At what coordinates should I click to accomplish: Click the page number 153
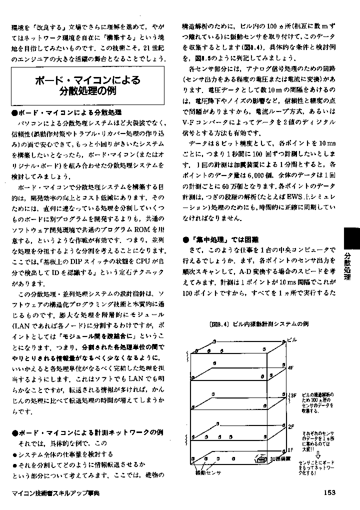(x=328, y=492)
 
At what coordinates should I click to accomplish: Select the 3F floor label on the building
(x=293, y=395)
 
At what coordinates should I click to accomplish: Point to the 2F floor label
(x=290, y=426)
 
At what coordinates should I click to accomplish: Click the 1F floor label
(x=290, y=449)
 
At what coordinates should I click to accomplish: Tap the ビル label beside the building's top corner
(x=292, y=340)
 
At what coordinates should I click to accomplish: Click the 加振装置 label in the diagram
(x=280, y=458)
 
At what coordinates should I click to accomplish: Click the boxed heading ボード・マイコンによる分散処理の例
(x=87, y=85)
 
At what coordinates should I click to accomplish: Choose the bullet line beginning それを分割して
(x=78, y=463)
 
